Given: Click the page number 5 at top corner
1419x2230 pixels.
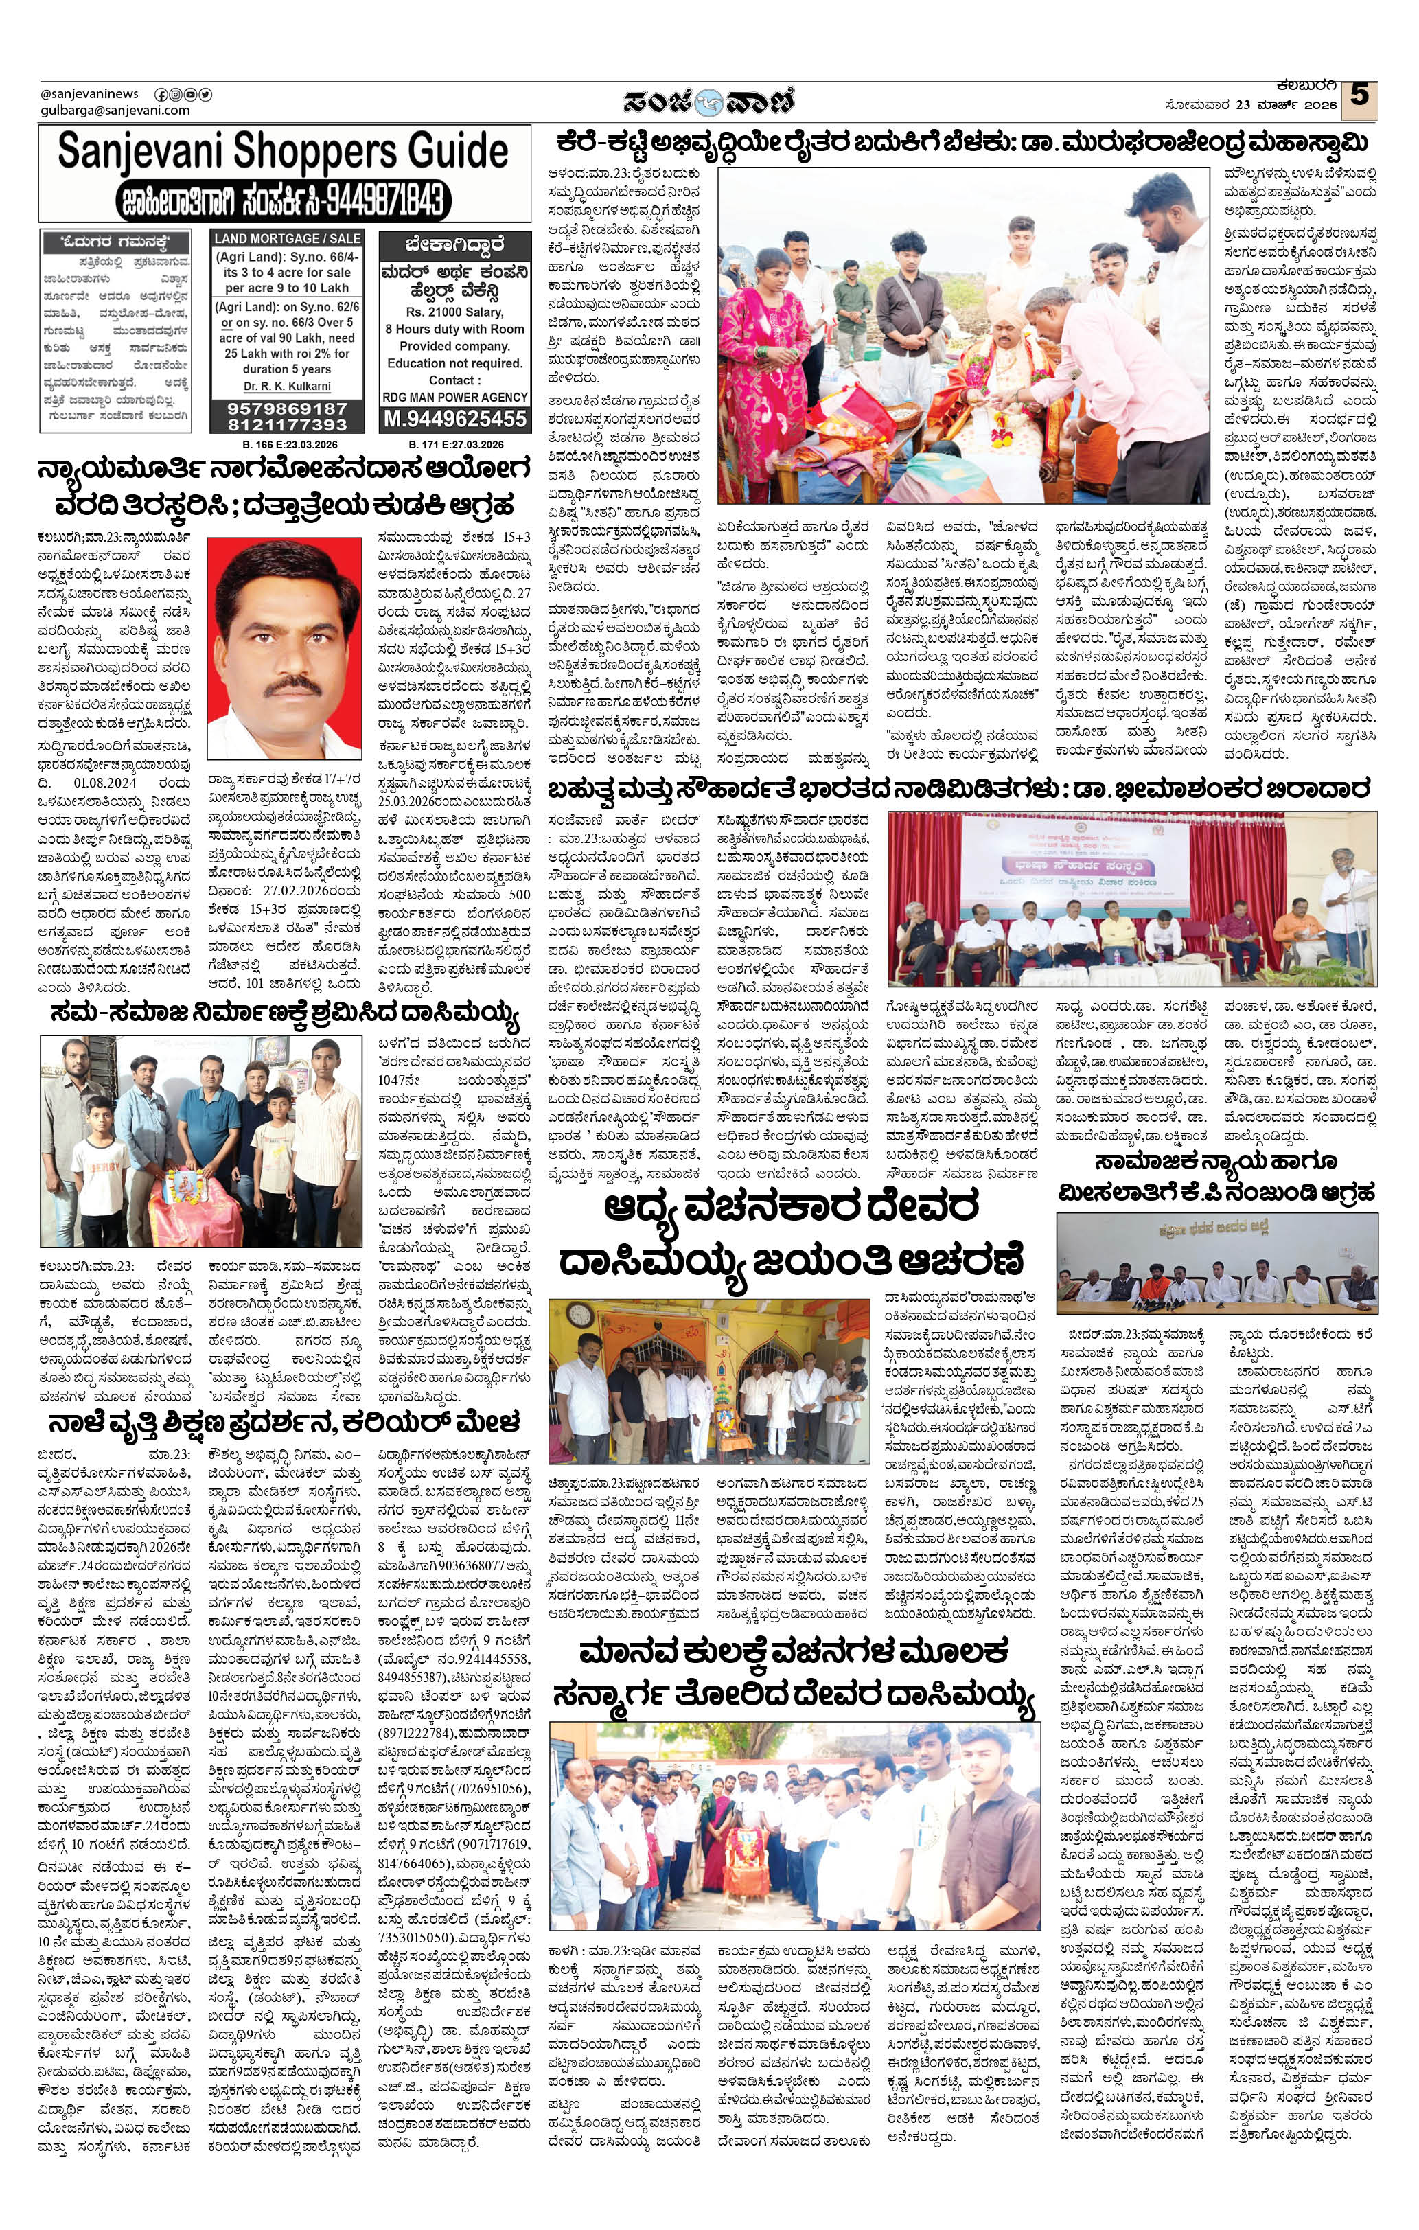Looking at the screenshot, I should (x=1359, y=96).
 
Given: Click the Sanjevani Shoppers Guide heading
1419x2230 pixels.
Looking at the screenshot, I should (x=283, y=152).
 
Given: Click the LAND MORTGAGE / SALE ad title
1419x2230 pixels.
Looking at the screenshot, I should (x=286, y=239).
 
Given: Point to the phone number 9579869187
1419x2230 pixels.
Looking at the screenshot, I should (x=286, y=409).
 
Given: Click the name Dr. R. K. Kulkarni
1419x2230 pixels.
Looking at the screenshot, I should (x=286, y=386).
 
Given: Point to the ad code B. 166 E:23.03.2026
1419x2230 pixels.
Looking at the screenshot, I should (x=286, y=444).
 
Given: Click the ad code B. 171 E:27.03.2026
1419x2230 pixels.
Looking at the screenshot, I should (x=454, y=444).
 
